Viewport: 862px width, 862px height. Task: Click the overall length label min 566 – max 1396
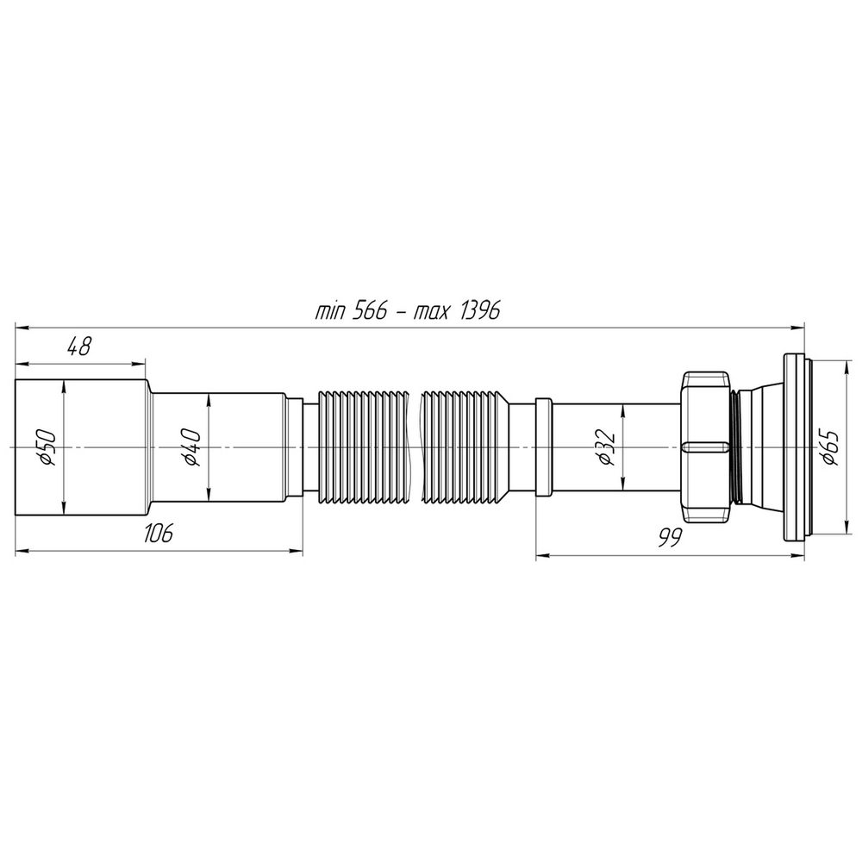408,311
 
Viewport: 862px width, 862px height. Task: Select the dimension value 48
79,347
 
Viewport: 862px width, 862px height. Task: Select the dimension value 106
158,534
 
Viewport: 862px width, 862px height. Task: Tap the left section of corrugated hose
362,447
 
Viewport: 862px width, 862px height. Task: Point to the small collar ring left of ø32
543,447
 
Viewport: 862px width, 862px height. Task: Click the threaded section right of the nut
737,447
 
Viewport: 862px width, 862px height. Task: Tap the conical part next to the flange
760,447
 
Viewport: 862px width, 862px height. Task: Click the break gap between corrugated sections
414,447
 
